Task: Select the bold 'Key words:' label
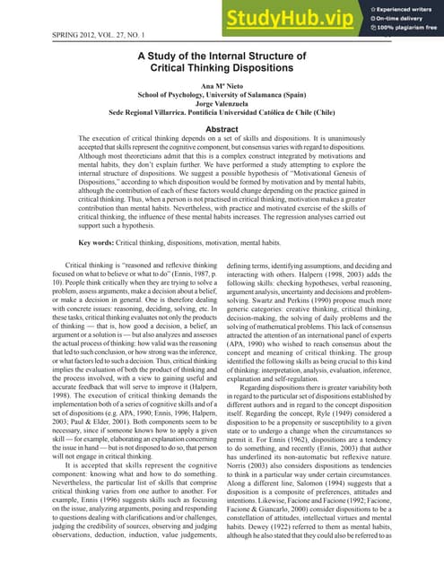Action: coord(100,242)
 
